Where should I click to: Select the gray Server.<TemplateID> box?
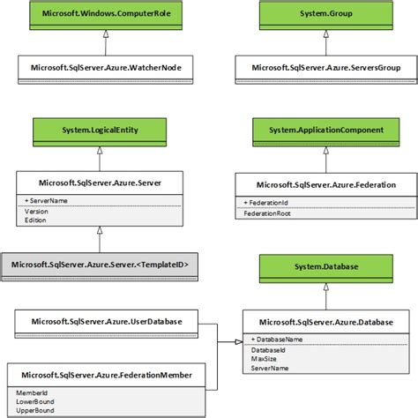tap(99, 264)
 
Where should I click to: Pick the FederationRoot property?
tap(269, 213)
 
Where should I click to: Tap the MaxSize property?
tap(265, 360)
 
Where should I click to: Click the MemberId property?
tap(34, 392)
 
